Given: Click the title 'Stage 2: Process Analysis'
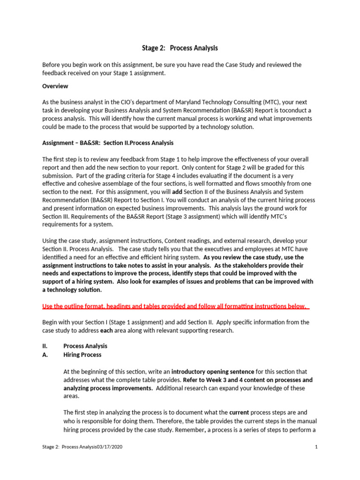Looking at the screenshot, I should pyautogui.click(x=180, y=48).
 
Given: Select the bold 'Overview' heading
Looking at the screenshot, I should pyautogui.click(x=55, y=86).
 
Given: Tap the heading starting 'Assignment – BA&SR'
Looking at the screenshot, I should pyautogui.click(x=108, y=143).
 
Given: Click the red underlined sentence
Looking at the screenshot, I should pyautogui.click(x=175, y=306).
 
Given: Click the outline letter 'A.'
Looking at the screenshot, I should pyautogui.click(x=45, y=355).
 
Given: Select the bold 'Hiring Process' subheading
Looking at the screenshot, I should pyautogui.click(x=82, y=355).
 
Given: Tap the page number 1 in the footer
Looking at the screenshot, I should pyautogui.click(x=316, y=447).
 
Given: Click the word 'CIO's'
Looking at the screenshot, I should pyautogui.click(x=111, y=102).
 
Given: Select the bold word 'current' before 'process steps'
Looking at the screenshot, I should pyautogui.click(x=239, y=412).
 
